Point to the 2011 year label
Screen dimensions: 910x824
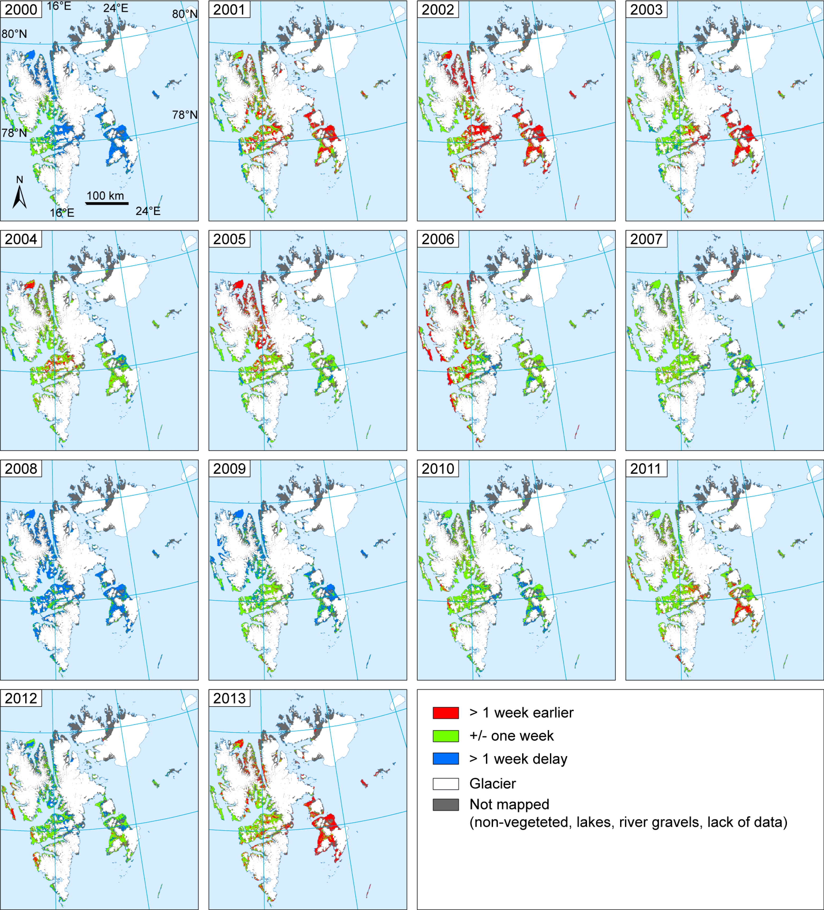pos(646,469)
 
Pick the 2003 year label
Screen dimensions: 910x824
pos(646,10)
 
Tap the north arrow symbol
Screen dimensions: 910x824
pos(19,197)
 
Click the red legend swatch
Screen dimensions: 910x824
pos(446,713)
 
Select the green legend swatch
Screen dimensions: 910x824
pos(446,736)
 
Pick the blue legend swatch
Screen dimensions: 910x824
pos(446,759)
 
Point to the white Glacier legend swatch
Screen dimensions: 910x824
pos(446,784)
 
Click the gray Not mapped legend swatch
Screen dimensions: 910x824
pos(446,805)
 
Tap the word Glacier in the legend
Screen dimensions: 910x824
pos(492,784)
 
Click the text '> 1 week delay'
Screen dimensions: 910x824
pos(518,759)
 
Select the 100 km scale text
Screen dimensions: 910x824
pos(105,195)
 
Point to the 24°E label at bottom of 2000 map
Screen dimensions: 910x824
pos(148,211)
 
